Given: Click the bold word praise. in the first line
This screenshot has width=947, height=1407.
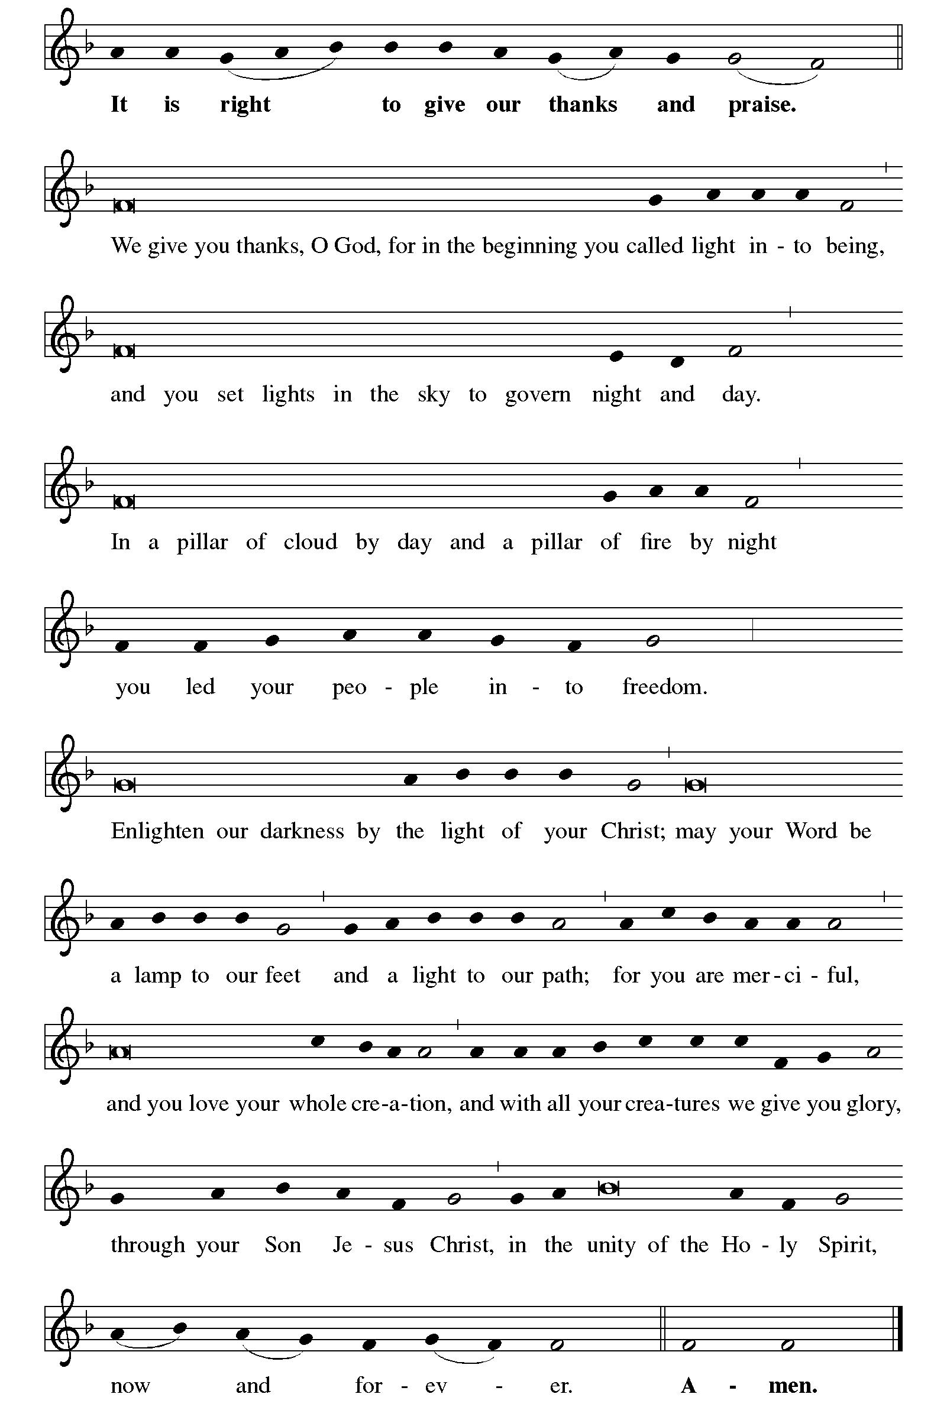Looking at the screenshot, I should point(762,105).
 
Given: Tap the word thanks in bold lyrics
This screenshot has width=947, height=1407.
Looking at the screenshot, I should point(583,105).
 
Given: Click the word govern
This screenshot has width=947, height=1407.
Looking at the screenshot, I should point(538,394).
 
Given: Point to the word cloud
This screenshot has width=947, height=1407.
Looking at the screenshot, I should point(311,542).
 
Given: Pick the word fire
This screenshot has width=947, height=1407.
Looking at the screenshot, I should point(655,542).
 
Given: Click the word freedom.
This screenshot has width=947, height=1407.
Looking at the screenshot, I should point(664,687).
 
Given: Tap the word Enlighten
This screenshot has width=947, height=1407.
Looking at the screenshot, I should point(157,831).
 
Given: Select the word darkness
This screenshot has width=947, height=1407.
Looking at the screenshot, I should point(302,831).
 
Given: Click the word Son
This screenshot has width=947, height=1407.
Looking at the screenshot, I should point(283,1244).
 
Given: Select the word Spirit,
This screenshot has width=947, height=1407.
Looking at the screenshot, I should point(848,1244).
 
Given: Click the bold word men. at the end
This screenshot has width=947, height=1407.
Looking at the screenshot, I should point(793,1385).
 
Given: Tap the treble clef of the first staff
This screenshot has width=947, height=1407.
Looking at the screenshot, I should point(64,48).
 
